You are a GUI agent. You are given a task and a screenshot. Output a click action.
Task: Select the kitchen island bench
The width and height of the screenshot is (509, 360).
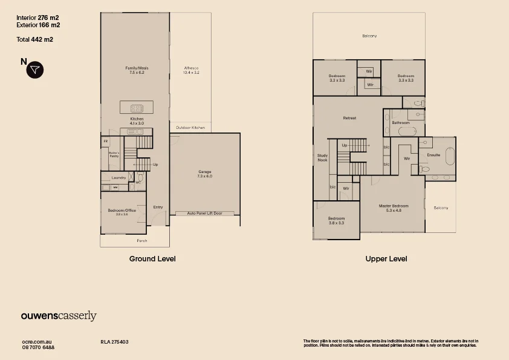[x=137, y=108]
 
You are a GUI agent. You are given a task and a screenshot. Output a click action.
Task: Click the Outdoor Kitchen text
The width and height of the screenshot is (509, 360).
[x=190, y=128]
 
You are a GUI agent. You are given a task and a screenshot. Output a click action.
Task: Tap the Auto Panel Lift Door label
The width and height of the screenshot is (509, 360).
[x=205, y=213]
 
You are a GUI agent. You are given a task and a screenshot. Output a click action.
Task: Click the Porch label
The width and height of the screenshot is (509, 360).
[x=142, y=241]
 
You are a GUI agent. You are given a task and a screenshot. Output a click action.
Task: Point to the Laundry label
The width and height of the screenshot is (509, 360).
[x=118, y=177]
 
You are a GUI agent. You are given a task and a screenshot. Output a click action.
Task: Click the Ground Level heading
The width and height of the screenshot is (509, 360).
[x=152, y=258]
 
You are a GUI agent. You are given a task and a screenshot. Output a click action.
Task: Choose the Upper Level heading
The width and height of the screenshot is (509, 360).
[x=386, y=258]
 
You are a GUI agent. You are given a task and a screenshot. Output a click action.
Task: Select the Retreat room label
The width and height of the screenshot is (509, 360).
[x=349, y=117]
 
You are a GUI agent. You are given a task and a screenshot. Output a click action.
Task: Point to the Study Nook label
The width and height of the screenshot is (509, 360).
[x=322, y=158]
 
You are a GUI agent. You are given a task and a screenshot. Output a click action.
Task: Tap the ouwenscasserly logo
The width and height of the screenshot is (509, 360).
[x=59, y=316]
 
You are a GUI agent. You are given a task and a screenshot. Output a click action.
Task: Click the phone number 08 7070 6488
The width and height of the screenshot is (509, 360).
[x=38, y=347]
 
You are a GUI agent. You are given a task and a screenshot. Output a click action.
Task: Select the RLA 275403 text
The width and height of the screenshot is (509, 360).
[x=114, y=342]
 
